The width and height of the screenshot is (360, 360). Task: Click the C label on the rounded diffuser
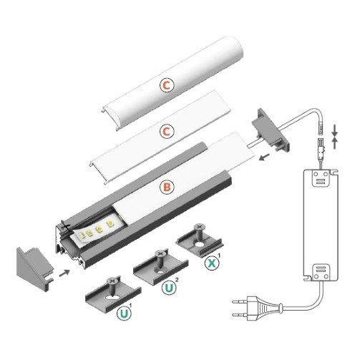click(166, 85)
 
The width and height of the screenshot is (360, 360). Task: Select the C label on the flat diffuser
click(166, 132)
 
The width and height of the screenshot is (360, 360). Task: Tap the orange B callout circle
click(166, 188)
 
